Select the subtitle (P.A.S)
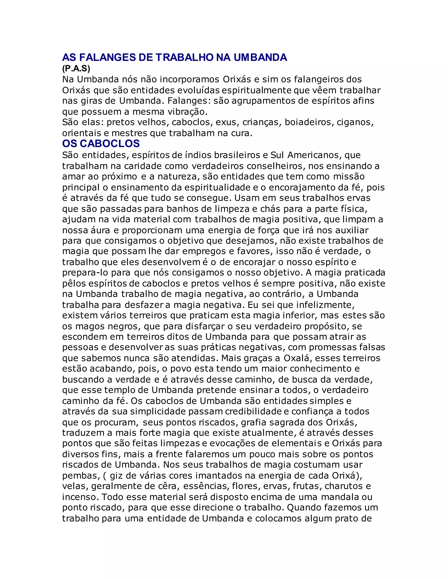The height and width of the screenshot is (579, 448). point(76,69)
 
